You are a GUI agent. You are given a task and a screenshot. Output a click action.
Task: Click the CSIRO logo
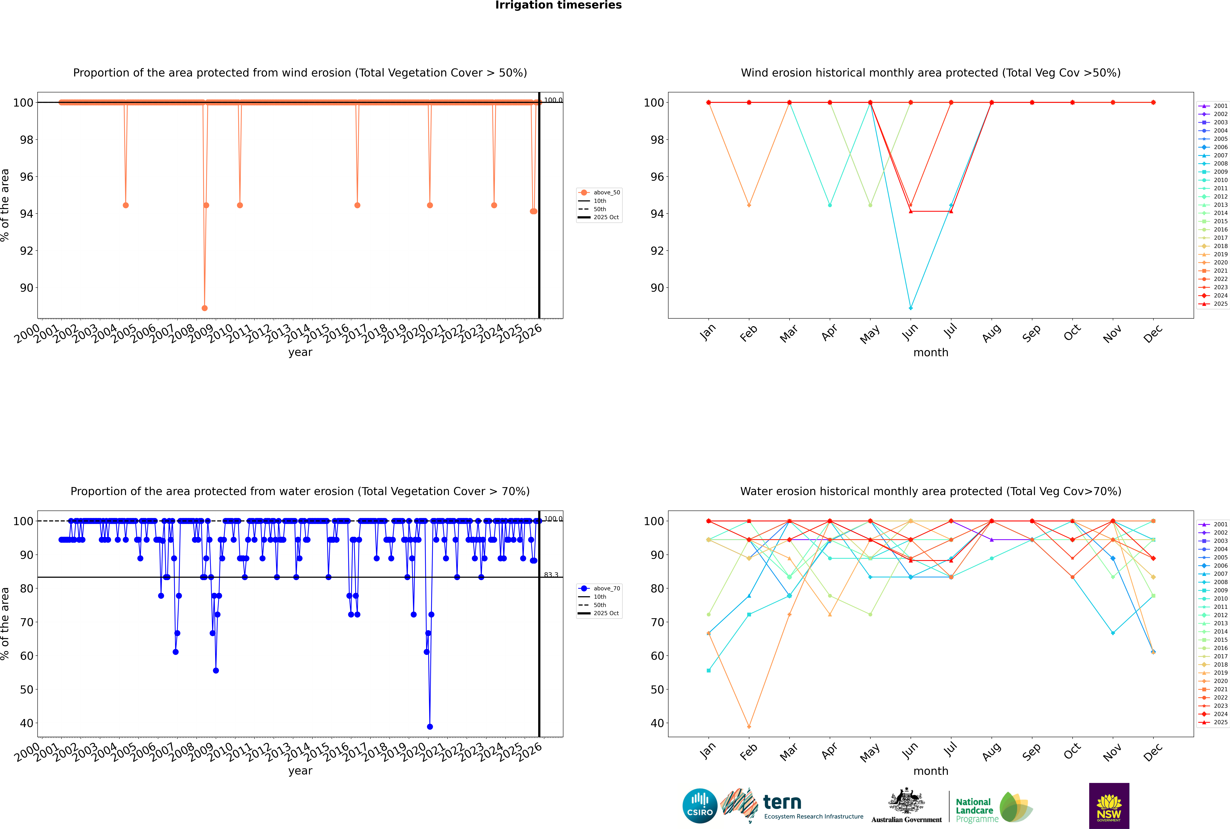point(700,806)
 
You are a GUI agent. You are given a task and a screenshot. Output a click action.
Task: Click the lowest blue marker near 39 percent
point(430,726)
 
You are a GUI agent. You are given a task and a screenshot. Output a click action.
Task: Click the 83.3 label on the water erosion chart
point(551,575)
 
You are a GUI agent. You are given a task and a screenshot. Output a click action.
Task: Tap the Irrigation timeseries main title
point(558,5)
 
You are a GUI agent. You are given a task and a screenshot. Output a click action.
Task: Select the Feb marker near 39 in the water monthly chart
point(749,726)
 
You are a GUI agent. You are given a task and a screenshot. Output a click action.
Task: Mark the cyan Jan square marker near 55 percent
point(709,670)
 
